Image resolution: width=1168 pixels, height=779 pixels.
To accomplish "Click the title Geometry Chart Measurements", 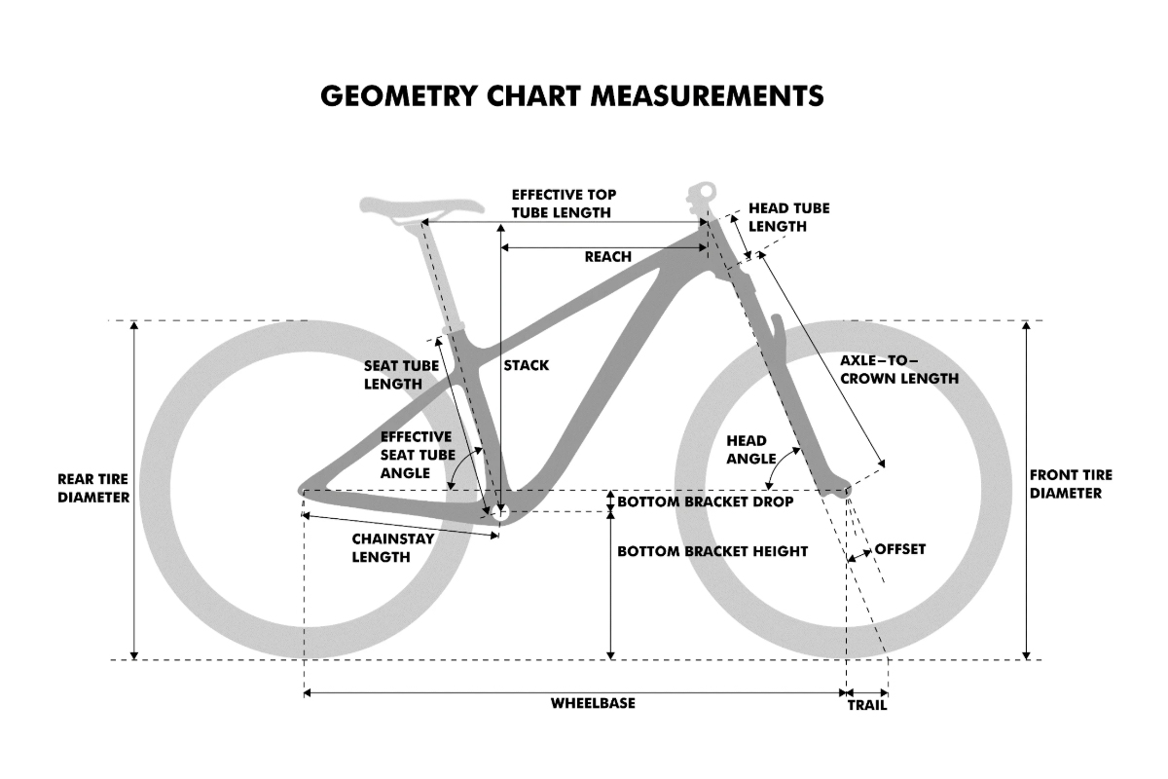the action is coord(572,96).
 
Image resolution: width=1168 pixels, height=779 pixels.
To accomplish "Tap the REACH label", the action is coord(608,257).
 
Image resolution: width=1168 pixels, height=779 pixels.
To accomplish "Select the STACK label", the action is coord(527,365).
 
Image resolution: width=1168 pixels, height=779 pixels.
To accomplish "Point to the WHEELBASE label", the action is coord(593,703).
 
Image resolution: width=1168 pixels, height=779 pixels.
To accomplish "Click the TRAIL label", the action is coord(866,705).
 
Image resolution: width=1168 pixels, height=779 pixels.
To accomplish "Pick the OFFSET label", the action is coord(900,549).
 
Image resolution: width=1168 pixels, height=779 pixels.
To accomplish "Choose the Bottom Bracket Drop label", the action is coord(706,501).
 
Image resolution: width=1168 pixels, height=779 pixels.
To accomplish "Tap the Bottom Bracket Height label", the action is coord(712,551).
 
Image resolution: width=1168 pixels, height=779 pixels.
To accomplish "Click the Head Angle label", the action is coord(750,450).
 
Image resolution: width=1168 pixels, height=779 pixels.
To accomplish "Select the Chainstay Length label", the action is coord(392,548).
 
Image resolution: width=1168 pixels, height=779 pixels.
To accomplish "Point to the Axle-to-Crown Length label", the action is coord(899,369).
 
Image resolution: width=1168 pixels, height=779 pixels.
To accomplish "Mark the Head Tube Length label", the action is coord(789,217).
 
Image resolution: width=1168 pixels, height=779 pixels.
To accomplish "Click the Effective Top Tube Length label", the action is coord(564,204).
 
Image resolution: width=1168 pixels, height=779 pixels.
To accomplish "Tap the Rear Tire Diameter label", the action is coord(93,488).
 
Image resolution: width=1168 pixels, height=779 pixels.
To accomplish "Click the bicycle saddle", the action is coord(421,206).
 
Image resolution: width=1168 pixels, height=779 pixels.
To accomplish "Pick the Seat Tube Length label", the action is coord(401,375).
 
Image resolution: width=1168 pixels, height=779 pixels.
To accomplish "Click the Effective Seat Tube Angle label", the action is coord(418,455).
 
